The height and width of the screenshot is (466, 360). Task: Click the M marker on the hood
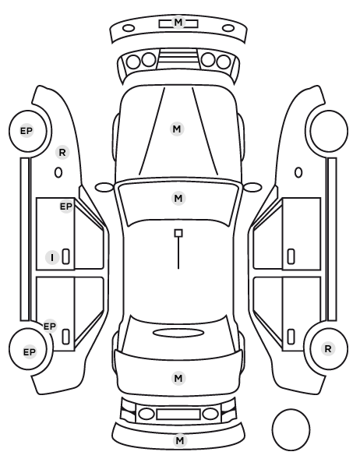177,129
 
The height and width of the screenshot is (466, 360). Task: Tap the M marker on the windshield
178,198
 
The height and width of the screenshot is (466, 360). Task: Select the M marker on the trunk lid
178,378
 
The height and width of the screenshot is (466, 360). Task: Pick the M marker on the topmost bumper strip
178,22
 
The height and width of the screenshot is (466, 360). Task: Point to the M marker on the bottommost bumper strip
180,440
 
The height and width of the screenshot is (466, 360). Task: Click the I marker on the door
52,258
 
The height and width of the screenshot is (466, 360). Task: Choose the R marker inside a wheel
328,348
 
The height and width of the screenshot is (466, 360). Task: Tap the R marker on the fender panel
62,153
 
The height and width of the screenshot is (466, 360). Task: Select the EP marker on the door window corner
66,206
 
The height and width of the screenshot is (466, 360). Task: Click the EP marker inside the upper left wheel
26,131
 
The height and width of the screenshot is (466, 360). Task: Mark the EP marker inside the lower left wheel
29,352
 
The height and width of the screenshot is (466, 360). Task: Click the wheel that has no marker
329,131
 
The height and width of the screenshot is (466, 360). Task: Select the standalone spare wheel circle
291,429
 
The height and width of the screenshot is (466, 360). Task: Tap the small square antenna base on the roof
178,233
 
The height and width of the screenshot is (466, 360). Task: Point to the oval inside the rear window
178,334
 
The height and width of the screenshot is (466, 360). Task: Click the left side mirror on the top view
104,187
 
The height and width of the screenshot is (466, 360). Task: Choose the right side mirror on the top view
252,187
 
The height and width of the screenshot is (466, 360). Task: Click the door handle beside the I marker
65,256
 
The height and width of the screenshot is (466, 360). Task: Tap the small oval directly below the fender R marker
58,173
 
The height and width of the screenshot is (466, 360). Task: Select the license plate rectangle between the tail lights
178,414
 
